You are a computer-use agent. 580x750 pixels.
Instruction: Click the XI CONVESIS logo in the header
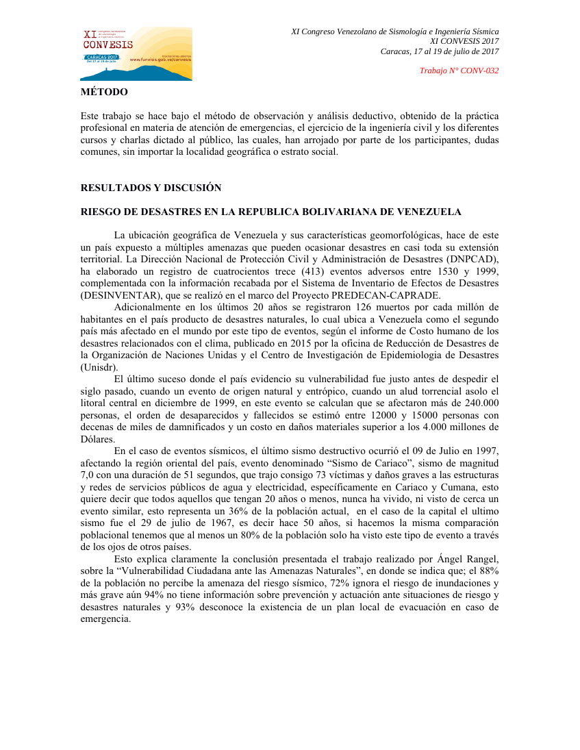coord(137,53)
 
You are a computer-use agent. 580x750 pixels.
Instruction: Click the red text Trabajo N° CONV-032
coord(459,71)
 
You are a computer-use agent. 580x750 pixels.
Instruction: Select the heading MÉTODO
coord(104,92)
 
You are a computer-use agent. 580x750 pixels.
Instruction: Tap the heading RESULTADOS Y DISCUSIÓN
coord(151,188)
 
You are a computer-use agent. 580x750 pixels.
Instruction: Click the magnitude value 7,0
coord(89,474)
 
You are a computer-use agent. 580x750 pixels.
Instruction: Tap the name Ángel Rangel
coord(467,559)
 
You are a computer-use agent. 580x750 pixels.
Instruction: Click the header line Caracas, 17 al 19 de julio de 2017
coord(440,51)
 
